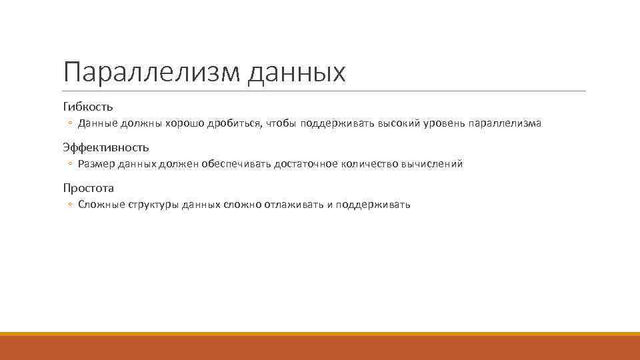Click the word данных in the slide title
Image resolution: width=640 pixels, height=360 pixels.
297,72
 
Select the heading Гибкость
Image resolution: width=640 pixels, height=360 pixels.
88,106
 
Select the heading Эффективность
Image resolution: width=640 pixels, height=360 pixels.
106,147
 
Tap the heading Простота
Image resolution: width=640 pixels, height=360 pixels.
89,187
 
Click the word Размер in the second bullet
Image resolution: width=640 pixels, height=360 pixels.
97,164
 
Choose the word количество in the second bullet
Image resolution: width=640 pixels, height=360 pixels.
369,164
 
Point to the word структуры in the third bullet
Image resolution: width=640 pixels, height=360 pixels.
151,205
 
